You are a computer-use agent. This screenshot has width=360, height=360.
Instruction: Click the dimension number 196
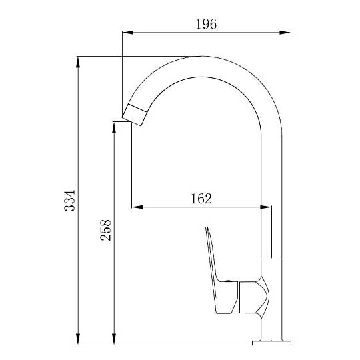point(206,24)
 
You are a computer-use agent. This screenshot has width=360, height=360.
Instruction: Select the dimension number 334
point(69,201)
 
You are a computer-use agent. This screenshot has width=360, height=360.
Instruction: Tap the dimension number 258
point(105,230)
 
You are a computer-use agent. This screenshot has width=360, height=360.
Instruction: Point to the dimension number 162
point(201,199)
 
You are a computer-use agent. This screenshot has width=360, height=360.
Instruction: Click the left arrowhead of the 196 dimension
point(128,33)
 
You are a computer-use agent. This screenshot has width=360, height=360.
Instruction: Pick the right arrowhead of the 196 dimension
point(285,33)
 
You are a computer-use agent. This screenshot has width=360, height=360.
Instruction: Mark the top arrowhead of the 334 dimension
point(78,62)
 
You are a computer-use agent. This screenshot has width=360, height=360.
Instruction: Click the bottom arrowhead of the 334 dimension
point(78,339)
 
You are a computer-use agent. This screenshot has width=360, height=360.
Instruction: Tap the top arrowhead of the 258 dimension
point(114,127)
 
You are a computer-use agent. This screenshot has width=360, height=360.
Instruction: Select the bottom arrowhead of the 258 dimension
point(114,339)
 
